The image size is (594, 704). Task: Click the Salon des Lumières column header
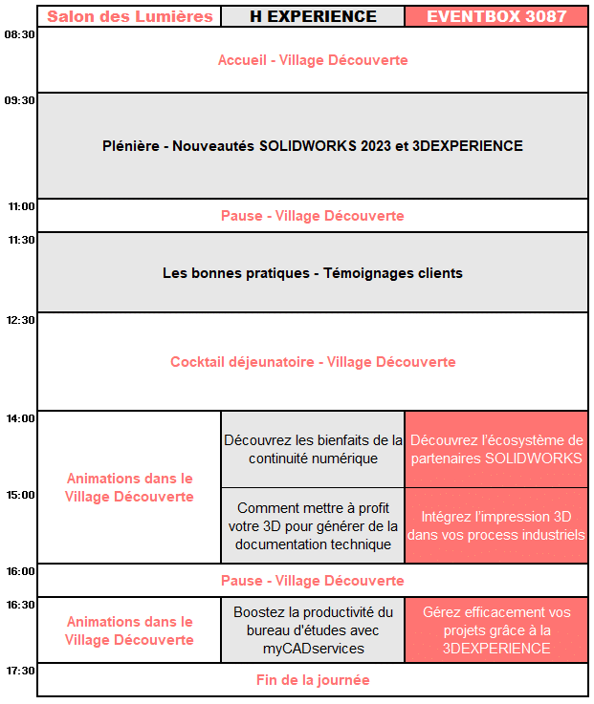click(129, 16)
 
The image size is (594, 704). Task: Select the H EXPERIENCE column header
click(313, 16)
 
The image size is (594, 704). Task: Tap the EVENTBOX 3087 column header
click(496, 16)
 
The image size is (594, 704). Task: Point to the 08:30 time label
click(20, 34)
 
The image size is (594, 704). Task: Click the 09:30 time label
click(20, 100)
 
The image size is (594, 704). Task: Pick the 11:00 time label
click(20, 206)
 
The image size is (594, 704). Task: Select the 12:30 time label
click(20, 320)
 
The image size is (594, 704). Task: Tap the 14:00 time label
click(20, 418)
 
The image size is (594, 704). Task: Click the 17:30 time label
click(20, 671)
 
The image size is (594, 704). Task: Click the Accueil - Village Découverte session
click(313, 60)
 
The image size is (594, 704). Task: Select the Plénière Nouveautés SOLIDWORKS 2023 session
click(313, 146)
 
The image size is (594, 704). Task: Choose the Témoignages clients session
click(313, 273)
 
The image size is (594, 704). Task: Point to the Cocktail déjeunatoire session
click(313, 362)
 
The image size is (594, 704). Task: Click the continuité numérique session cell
click(313, 449)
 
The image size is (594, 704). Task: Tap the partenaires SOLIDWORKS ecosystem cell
click(496, 449)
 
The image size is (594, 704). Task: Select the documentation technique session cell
click(313, 526)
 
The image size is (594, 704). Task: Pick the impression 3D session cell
click(496, 525)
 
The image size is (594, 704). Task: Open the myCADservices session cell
click(313, 629)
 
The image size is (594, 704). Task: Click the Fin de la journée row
click(313, 680)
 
